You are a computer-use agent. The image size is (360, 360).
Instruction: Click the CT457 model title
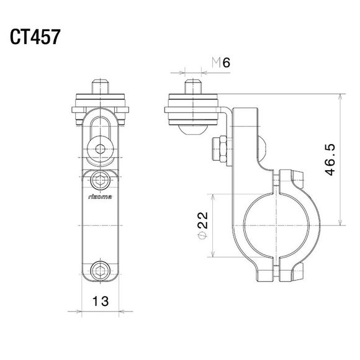[35, 37]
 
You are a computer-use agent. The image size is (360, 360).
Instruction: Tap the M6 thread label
[221, 62]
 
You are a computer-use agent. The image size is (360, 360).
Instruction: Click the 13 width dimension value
[100, 302]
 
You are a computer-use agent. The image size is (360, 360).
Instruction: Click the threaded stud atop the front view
[101, 85]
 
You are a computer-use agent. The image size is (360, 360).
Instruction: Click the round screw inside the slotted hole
[101, 148]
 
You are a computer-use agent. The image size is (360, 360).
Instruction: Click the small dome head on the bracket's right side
[262, 148]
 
